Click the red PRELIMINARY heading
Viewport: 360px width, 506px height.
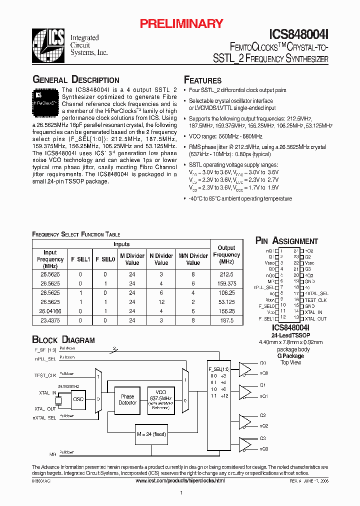(181, 23)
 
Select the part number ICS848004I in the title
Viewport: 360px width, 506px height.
(299, 34)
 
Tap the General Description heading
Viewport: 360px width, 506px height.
(75, 80)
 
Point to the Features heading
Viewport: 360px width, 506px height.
(202, 80)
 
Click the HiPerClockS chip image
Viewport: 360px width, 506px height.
(46, 99)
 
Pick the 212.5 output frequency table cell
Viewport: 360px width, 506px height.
(226, 274)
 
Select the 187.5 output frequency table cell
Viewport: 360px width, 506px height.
(226, 320)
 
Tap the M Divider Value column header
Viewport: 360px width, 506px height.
(132, 259)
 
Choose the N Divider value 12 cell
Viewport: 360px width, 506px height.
(161, 302)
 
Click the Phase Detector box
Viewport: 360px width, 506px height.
(127, 400)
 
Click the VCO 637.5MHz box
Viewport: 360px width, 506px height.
(161, 400)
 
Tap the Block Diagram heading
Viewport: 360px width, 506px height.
(63, 340)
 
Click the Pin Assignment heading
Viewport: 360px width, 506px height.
(286, 241)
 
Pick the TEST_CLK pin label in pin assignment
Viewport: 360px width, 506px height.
(315, 300)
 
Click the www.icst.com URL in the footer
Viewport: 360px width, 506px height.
(180, 480)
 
